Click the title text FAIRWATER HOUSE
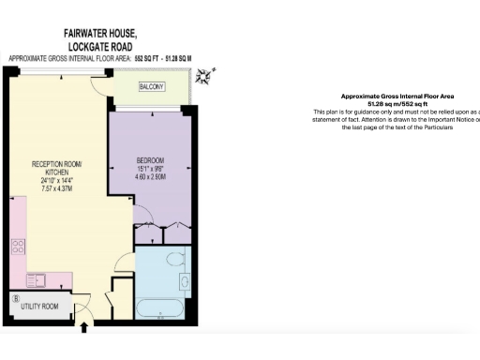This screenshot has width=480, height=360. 100,33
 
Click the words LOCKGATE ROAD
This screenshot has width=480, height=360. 100,45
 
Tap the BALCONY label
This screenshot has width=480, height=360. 152,86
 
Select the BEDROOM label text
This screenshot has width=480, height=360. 150,160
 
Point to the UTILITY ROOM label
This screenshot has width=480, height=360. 40,307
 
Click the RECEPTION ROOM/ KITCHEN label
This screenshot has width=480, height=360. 57,169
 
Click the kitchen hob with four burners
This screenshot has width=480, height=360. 18,247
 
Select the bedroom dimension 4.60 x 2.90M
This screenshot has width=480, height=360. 150,176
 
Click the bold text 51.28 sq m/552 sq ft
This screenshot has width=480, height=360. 398,104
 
